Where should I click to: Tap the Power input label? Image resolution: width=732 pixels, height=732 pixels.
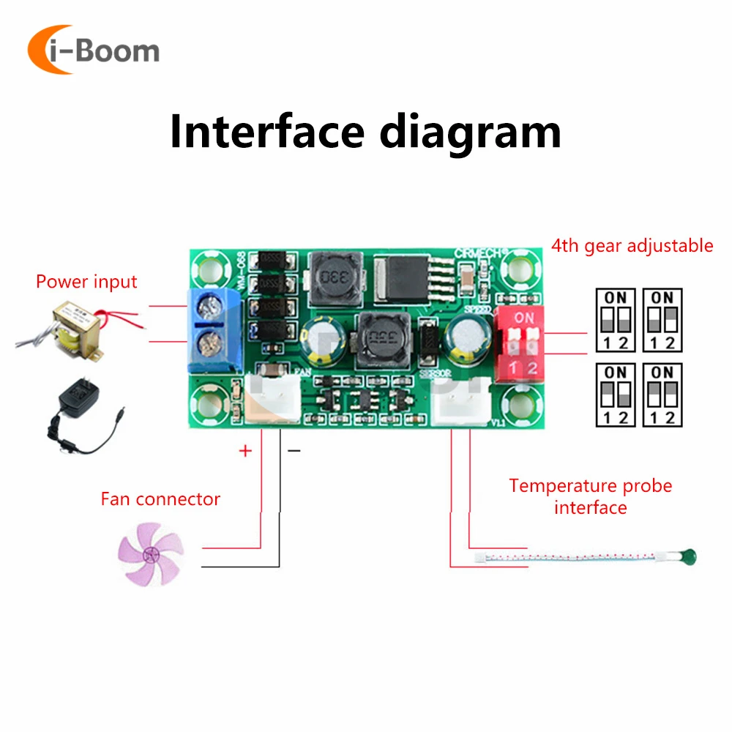86,282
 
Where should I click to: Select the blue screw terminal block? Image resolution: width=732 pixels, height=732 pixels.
214,330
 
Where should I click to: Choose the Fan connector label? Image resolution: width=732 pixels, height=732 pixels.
160,499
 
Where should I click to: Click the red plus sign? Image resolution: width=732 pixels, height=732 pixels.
245,451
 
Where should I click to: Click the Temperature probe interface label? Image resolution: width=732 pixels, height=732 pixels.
590,496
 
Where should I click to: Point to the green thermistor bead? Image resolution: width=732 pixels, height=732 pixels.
687,559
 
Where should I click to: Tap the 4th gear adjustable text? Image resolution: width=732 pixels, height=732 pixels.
632,245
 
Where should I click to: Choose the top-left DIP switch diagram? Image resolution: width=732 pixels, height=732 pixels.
615,319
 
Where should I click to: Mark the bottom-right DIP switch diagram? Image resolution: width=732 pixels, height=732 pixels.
662,394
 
